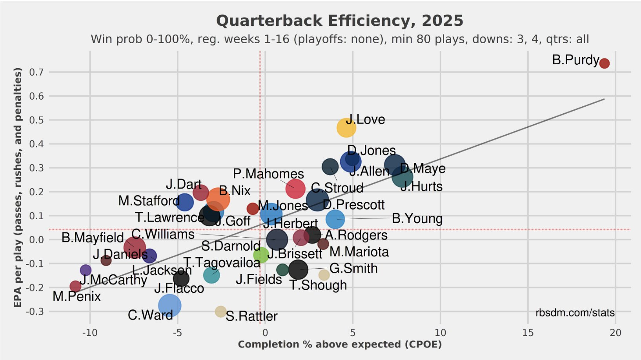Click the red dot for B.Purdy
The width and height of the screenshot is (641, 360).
click(x=604, y=63)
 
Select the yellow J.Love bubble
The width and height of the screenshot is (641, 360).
click(x=346, y=128)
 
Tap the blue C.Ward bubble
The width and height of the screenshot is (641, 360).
click(x=169, y=305)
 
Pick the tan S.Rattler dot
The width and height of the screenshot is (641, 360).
click(x=220, y=311)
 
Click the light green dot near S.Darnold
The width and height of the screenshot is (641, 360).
click(x=260, y=255)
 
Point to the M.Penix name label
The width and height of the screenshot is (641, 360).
click(x=76, y=296)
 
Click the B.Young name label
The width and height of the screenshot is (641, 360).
click(x=417, y=218)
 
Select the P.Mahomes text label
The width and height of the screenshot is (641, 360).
click(x=268, y=174)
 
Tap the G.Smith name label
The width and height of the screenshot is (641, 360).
click(x=353, y=269)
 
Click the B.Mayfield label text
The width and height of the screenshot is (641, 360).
click(x=93, y=238)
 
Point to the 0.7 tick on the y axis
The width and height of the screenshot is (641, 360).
click(x=36, y=72)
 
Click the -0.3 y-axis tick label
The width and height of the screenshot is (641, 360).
click(x=35, y=312)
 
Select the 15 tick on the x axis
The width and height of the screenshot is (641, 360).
click(x=528, y=333)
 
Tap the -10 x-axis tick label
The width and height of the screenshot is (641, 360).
click(x=90, y=333)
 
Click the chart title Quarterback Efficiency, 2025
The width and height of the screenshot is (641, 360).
click(x=340, y=21)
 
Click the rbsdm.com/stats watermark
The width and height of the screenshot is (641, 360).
click(x=575, y=313)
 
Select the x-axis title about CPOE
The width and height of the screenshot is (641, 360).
click(x=340, y=344)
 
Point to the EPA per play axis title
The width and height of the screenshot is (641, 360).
click(x=17, y=187)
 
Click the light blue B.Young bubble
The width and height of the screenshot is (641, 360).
click(x=335, y=219)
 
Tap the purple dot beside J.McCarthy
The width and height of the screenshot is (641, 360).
click(x=86, y=270)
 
